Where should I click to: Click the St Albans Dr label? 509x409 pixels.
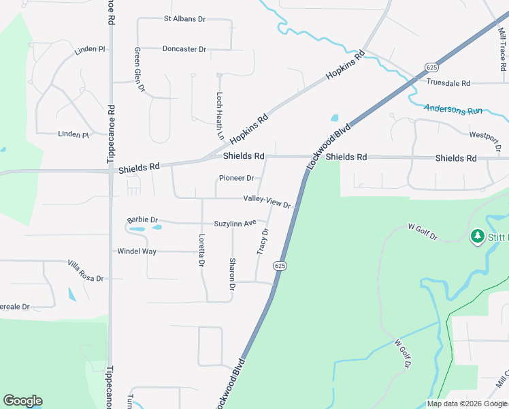pyautogui.click(x=184, y=19)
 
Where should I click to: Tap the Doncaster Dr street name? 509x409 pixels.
pyautogui.click(x=184, y=49)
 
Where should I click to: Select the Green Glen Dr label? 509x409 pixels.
pyautogui.click(x=139, y=69)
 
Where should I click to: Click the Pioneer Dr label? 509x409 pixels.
pyautogui.click(x=236, y=179)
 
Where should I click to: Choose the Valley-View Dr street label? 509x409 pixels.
pyautogui.click(x=267, y=202)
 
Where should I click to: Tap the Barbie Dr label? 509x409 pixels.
pyautogui.click(x=143, y=220)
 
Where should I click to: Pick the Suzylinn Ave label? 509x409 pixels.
pyautogui.click(x=235, y=223)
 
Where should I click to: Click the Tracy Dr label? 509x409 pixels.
pyautogui.click(x=263, y=241)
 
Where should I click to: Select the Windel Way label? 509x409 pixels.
pyautogui.click(x=137, y=252)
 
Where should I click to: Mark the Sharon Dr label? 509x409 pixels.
pyautogui.click(x=232, y=274)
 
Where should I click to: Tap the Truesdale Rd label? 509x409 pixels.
pyautogui.click(x=448, y=83)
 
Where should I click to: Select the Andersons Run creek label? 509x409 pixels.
pyautogui.click(x=453, y=109)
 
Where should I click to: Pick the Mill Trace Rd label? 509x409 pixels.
pyautogui.click(x=502, y=47)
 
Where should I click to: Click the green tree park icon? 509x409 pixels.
pyautogui.click(x=478, y=236)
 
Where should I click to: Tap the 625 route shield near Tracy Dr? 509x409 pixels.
pyautogui.click(x=280, y=265)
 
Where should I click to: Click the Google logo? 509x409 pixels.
pyautogui.click(x=22, y=401)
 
